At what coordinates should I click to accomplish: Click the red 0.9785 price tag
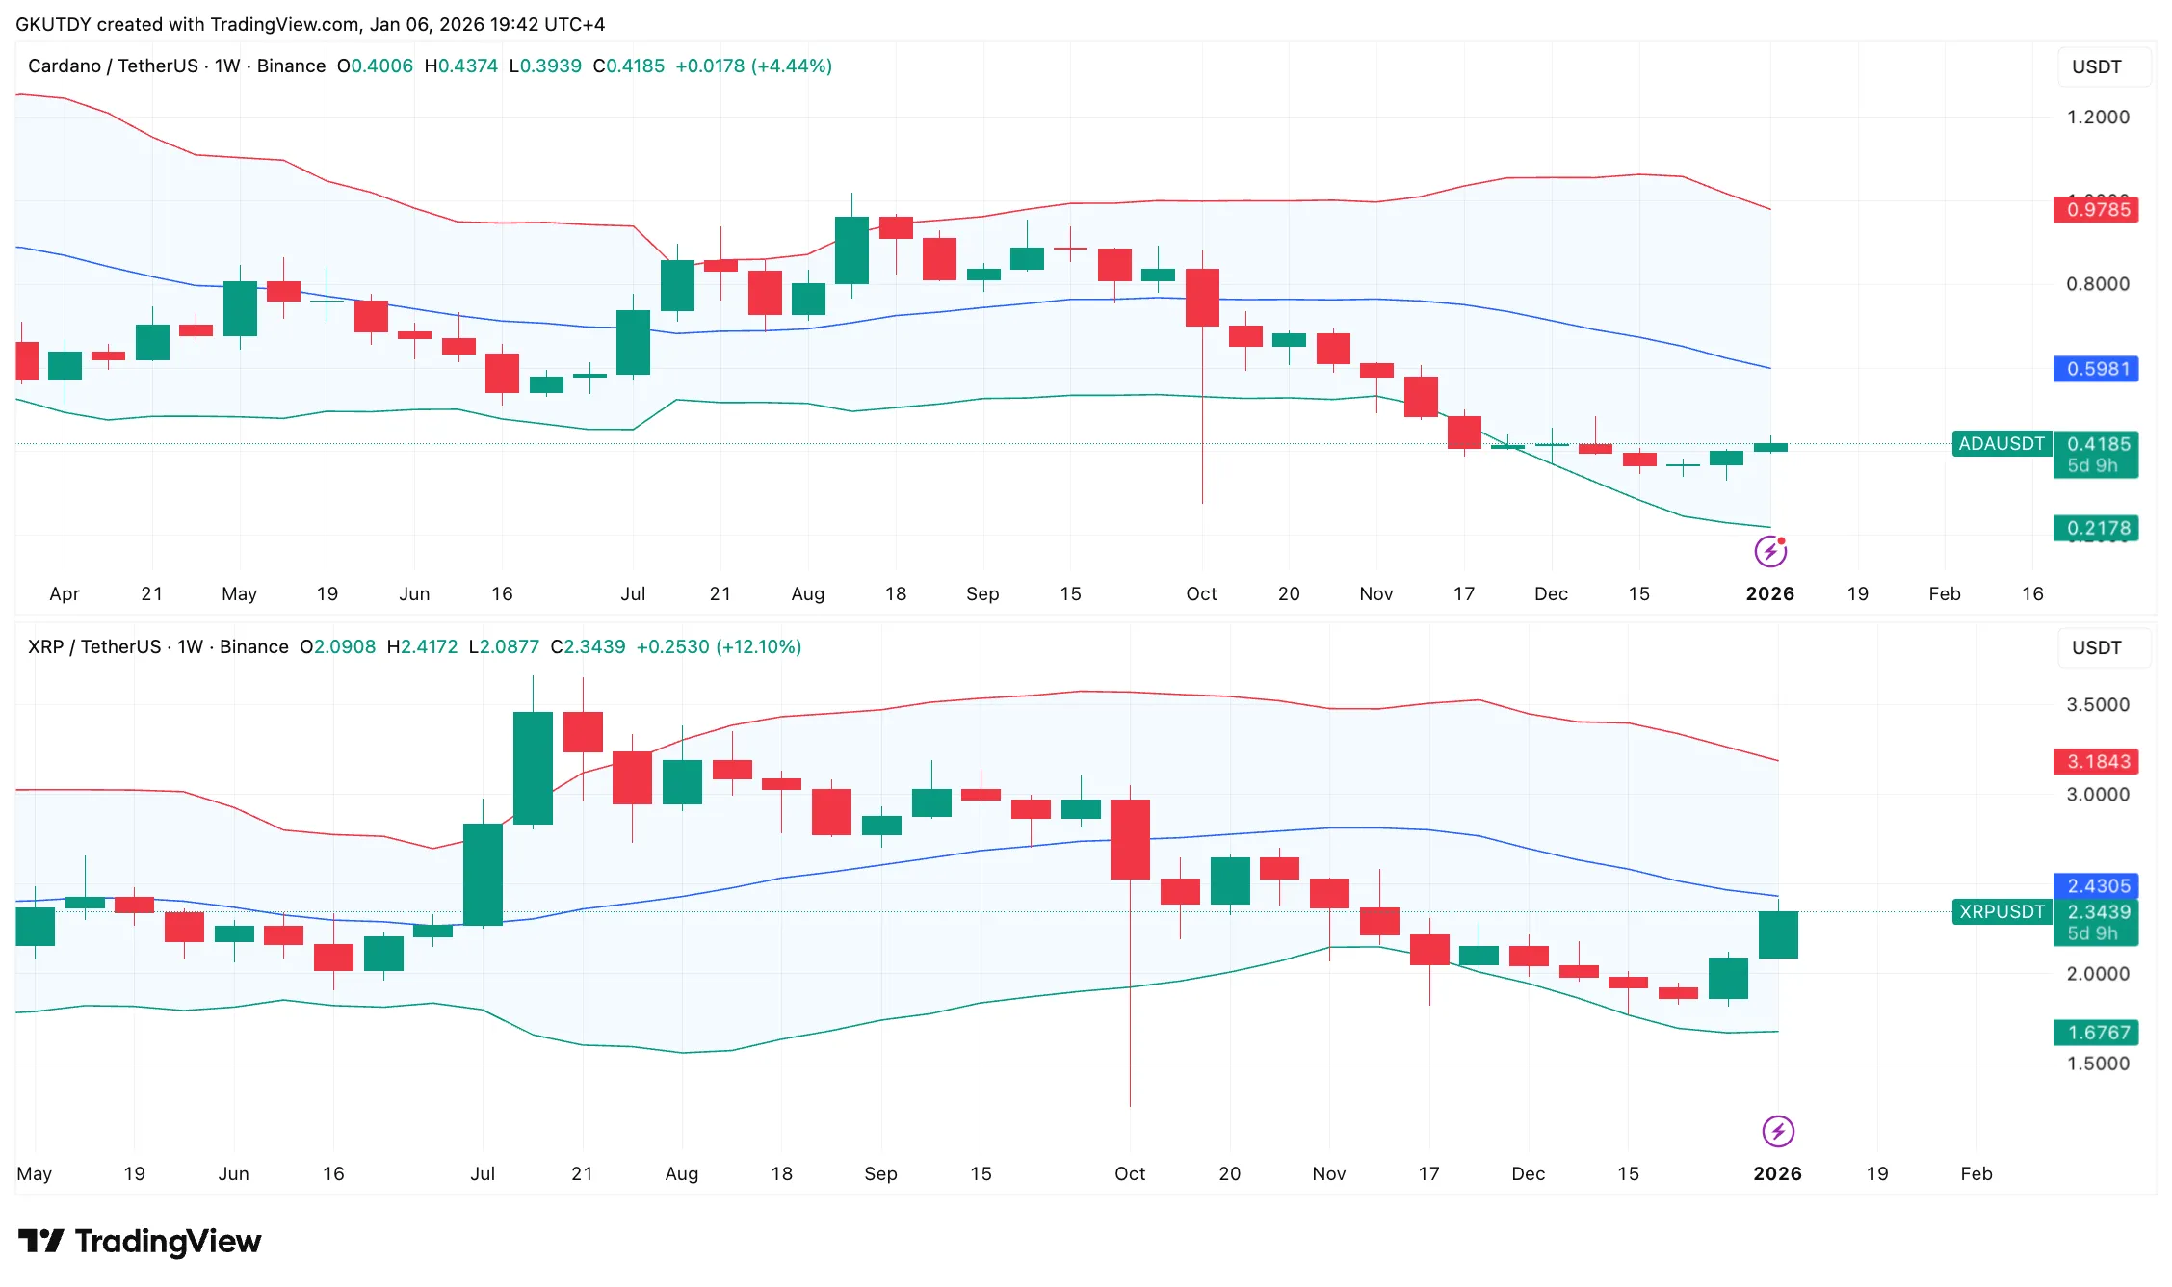tap(2095, 209)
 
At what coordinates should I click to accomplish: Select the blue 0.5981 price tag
tap(2095, 369)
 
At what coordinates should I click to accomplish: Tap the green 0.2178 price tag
tap(2095, 528)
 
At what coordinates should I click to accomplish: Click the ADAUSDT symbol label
tap(2001, 444)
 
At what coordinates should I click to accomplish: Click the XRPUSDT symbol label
tap(2001, 911)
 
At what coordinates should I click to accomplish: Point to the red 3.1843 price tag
tap(2095, 761)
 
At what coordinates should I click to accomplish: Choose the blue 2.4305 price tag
tap(2095, 885)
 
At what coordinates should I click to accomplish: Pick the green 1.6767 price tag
tap(2095, 1033)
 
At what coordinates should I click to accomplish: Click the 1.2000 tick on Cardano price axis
tap(2097, 117)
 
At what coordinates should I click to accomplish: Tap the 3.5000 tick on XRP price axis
tap(2097, 704)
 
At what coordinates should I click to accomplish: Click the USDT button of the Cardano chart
tap(2096, 66)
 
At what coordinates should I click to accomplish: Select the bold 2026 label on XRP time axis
tap(1777, 1173)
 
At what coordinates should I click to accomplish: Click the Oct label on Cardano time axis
tap(1201, 593)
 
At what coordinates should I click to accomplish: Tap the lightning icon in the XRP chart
tap(1777, 1131)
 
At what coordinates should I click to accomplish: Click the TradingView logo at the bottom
tap(140, 1241)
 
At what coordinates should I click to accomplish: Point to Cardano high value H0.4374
tap(460, 66)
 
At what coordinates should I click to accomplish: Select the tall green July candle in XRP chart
tap(533, 768)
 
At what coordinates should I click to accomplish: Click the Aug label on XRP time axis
tap(681, 1173)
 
